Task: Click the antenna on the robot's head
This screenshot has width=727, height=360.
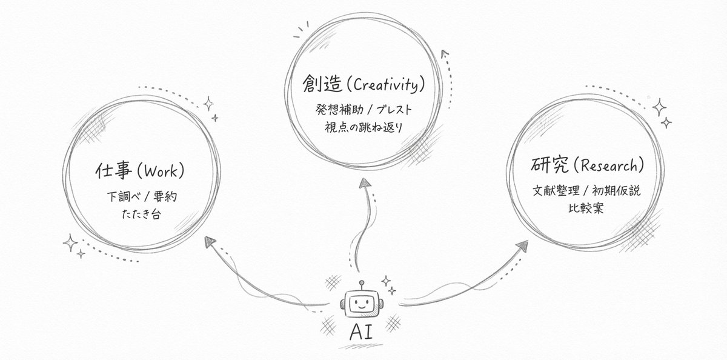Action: (x=361, y=284)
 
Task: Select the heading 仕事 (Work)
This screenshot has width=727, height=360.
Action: (x=139, y=172)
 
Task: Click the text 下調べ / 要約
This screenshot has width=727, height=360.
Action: (x=141, y=197)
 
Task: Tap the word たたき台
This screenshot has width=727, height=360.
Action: (x=141, y=215)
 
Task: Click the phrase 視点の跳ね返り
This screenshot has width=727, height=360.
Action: (x=362, y=128)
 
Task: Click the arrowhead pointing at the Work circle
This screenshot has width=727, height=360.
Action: (x=210, y=241)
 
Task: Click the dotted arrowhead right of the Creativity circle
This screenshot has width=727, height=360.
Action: (x=445, y=54)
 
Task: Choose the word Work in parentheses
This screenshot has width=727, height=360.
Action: (x=161, y=172)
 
